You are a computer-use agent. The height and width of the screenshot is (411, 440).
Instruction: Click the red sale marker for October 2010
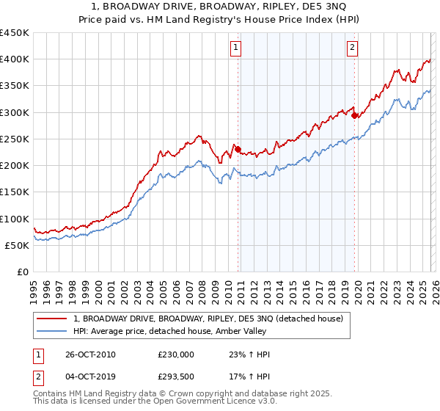pos(238,149)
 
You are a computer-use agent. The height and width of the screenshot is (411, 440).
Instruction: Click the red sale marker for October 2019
pos(354,115)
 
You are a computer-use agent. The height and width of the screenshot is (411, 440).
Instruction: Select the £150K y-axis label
pos(15,192)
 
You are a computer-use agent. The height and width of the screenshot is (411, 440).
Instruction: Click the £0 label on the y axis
pos(22,272)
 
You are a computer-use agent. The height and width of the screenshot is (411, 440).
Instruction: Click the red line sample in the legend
pos(53,319)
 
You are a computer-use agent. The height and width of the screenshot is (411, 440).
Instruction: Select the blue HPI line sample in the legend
pos(53,331)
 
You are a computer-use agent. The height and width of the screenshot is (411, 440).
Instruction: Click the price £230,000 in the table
pos(176,354)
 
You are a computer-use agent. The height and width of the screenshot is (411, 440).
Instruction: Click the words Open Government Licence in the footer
pos(199,403)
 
